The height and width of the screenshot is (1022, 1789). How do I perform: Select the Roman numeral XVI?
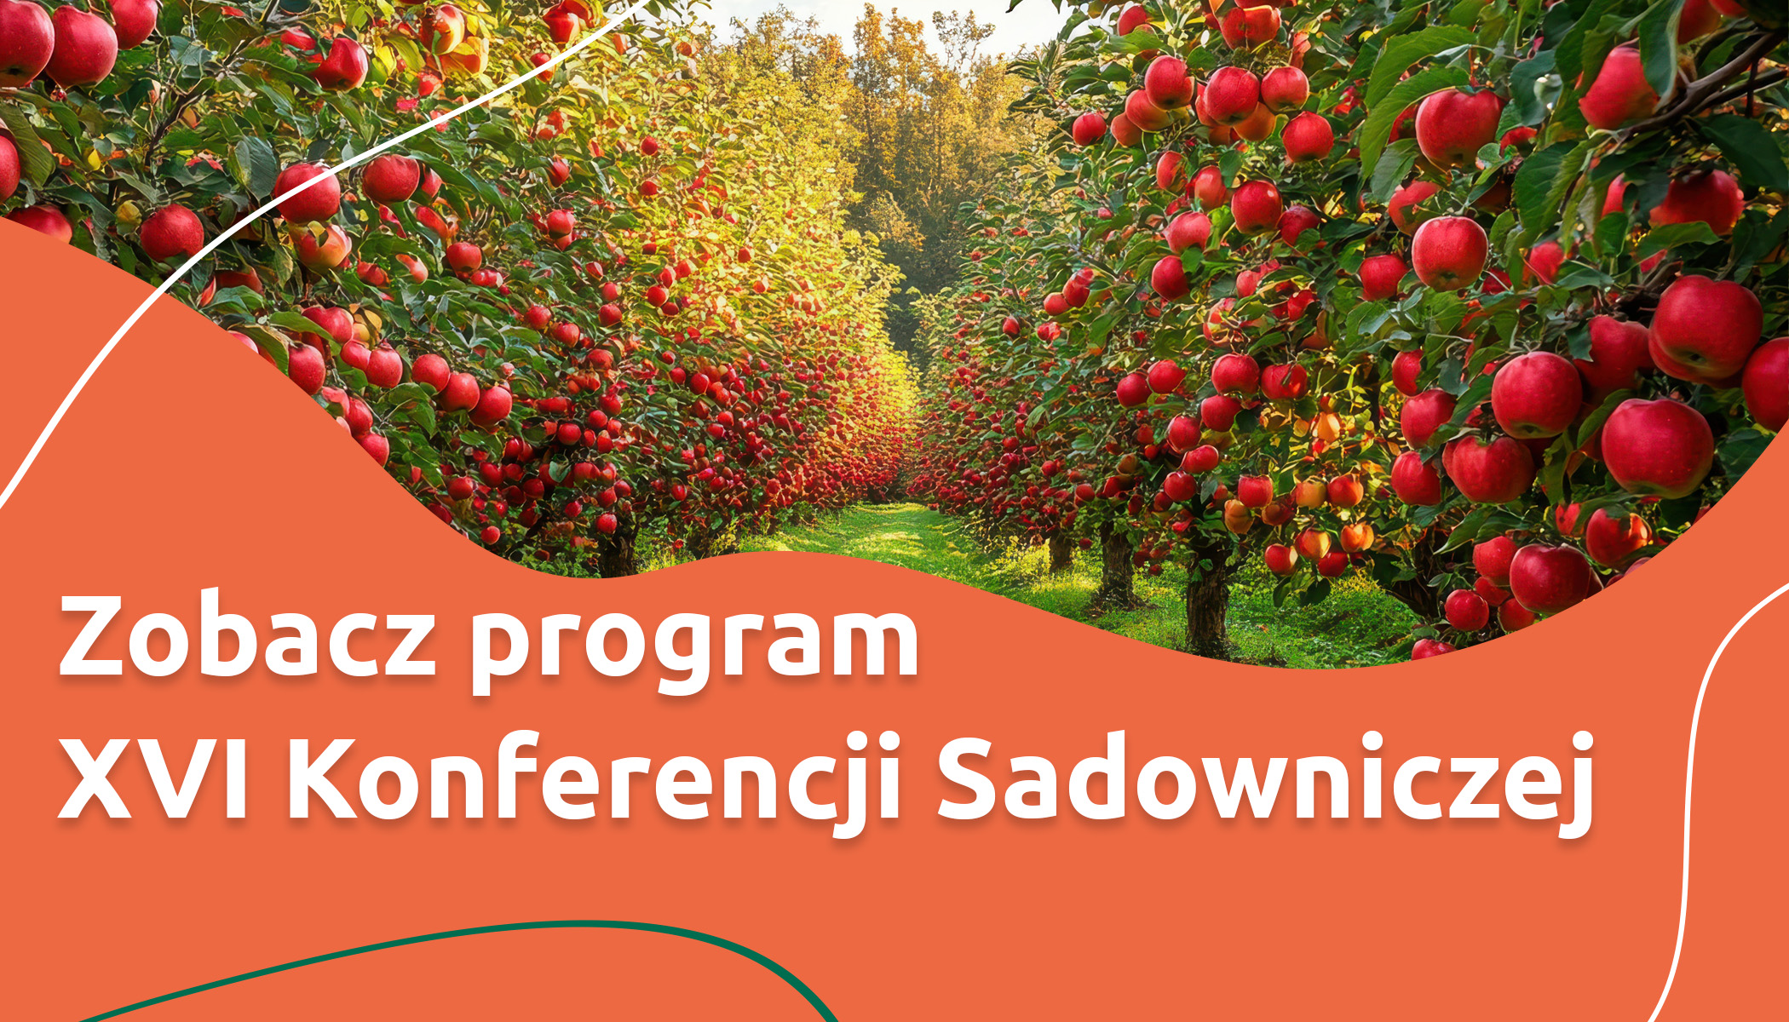tap(154, 775)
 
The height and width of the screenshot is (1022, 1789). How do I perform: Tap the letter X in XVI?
tap(101, 776)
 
